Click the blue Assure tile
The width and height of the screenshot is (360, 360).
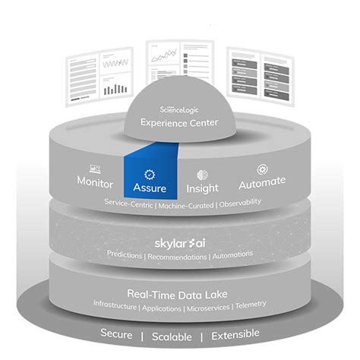pyautogui.click(x=150, y=174)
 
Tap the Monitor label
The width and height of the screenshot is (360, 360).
pyautogui.click(x=95, y=182)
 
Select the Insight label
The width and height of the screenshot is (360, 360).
pyautogui.click(x=202, y=187)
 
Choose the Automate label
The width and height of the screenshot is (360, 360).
pyautogui.click(x=261, y=182)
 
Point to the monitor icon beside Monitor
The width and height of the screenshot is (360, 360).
pyautogui.click(x=96, y=168)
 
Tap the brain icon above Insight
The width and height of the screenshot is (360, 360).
pyautogui.click(x=202, y=174)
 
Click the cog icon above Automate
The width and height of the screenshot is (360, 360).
pyautogui.click(x=262, y=169)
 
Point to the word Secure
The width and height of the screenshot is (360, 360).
pyautogui.click(x=122, y=333)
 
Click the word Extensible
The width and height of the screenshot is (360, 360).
pyautogui.click(x=234, y=333)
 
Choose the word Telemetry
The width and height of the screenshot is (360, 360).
pyautogui.click(x=251, y=305)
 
